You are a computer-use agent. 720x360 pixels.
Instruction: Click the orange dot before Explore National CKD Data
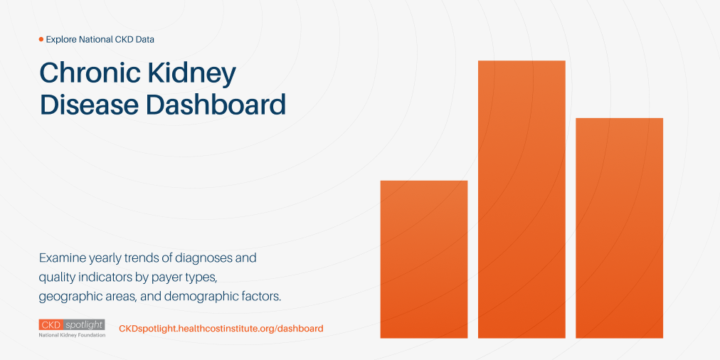click(41, 39)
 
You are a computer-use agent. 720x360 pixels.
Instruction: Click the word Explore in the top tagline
click(62, 39)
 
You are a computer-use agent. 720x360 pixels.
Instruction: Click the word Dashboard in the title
click(216, 105)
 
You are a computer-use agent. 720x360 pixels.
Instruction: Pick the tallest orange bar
click(522, 199)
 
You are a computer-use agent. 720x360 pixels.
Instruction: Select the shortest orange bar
click(424, 259)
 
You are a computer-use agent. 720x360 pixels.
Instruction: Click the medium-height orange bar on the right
click(619, 228)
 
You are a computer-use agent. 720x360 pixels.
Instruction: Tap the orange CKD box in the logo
click(51, 324)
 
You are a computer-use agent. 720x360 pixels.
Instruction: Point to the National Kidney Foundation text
click(72, 334)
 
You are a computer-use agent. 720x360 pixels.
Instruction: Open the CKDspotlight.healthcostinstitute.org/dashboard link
click(221, 328)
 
